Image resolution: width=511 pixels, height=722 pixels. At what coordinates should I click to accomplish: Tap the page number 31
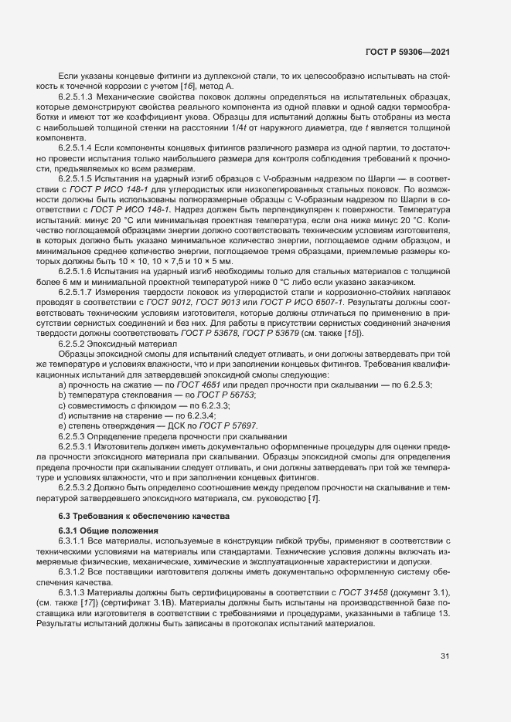tap(445, 656)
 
